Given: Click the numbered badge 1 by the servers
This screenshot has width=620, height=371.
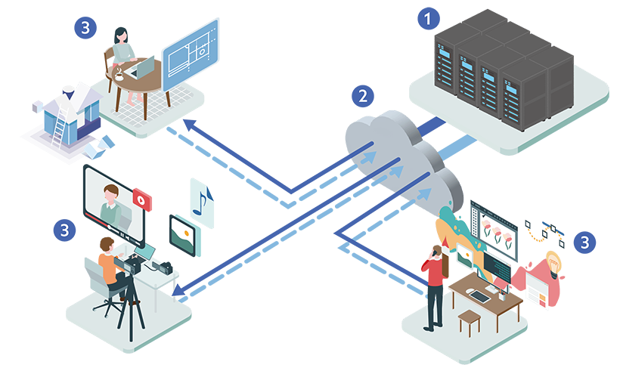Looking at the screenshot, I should coord(429,17).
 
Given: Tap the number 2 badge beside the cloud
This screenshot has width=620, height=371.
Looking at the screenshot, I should coord(364,96).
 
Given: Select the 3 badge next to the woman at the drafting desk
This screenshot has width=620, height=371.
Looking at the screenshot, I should coord(85,28).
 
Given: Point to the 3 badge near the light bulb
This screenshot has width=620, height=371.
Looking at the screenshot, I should coord(582,243).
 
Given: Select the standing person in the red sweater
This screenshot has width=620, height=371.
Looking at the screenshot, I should coord(436,283).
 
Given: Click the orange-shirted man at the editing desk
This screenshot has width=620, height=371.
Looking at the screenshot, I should coord(111,264).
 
